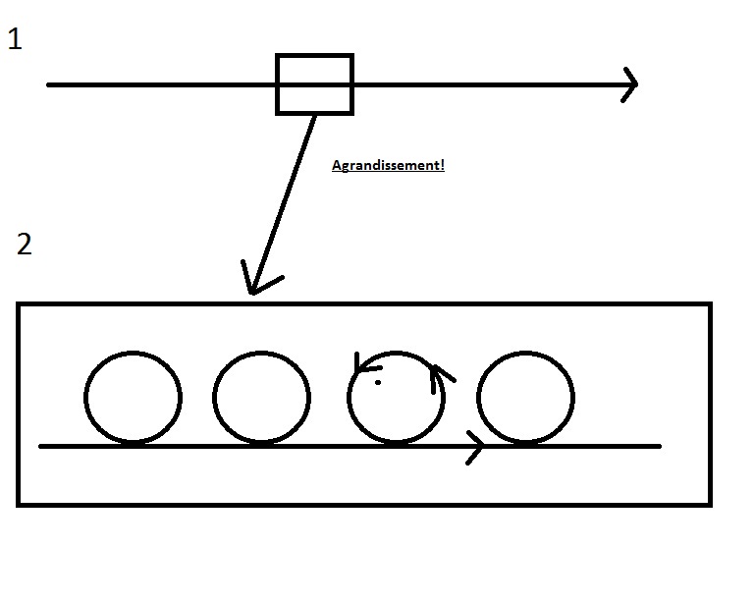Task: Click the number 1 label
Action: point(15,40)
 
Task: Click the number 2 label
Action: point(25,245)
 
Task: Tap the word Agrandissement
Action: point(386,166)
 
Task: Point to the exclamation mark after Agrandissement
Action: point(442,165)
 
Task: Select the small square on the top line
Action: point(314,84)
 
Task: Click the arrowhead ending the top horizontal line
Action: point(631,84)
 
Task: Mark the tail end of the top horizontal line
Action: point(49,84)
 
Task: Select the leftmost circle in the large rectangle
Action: point(133,398)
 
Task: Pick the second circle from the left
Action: point(261,398)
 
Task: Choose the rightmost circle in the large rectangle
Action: point(525,398)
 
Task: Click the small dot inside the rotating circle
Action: point(378,382)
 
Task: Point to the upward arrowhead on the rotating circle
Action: point(436,372)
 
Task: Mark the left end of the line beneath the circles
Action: point(41,447)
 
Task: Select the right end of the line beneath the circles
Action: point(659,447)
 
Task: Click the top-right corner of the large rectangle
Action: point(708,305)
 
